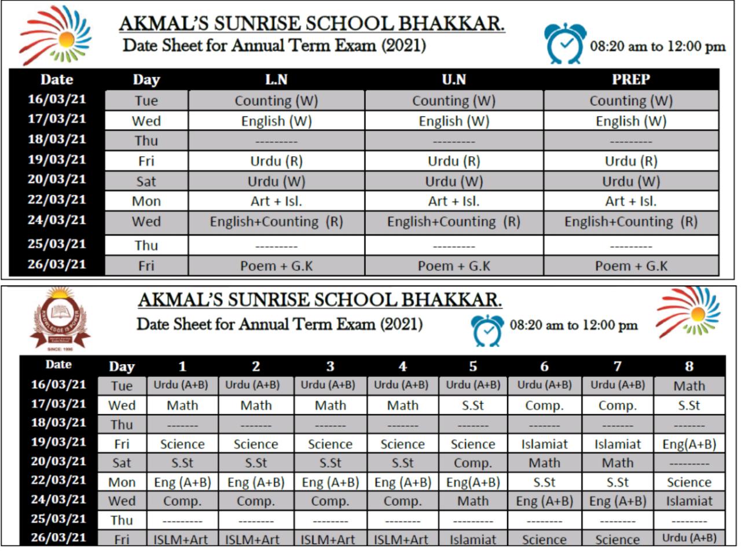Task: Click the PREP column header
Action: click(x=630, y=79)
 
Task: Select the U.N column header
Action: click(x=453, y=79)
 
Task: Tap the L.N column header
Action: click(x=276, y=79)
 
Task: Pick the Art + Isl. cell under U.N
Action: click(x=453, y=201)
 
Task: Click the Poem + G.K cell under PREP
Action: click(x=630, y=266)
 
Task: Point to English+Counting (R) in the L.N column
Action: click(x=276, y=222)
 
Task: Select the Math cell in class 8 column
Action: click(x=689, y=386)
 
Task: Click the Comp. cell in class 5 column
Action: click(x=472, y=463)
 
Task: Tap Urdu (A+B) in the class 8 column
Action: click(x=689, y=538)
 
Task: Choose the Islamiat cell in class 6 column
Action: click(x=544, y=444)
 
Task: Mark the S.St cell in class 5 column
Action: click(x=472, y=405)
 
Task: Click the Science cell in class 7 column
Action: click(x=617, y=539)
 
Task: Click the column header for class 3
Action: click(x=330, y=366)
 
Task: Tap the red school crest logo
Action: click(x=60, y=319)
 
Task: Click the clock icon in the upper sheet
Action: click(x=565, y=44)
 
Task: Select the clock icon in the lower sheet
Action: click(x=487, y=330)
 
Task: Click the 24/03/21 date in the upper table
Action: click(x=57, y=221)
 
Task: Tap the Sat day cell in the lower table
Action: click(x=122, y=463)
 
